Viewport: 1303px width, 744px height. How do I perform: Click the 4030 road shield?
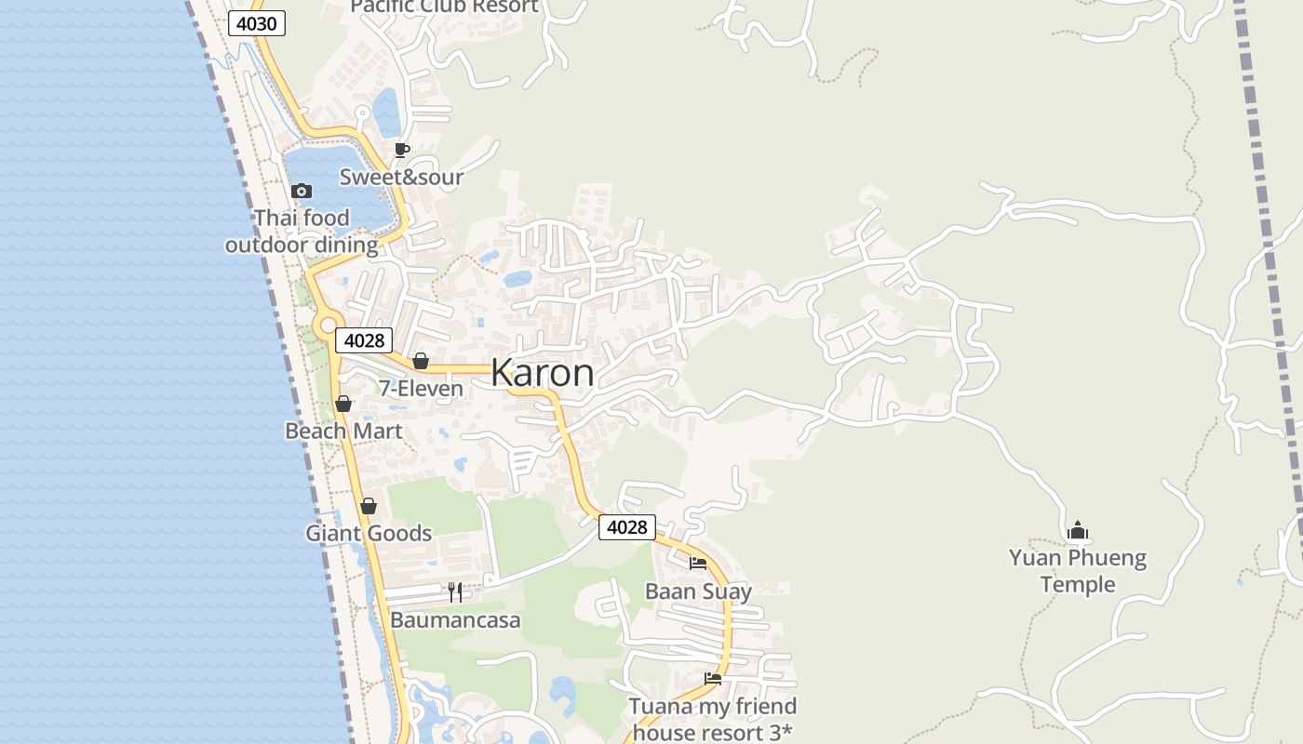coord(256,23)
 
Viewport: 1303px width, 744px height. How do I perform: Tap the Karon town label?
coord(542,372)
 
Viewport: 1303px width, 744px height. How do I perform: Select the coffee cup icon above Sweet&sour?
coord(402,150)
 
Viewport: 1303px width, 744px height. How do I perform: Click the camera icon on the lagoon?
coord(301,191)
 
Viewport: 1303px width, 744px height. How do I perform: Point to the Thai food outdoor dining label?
coord(302,232)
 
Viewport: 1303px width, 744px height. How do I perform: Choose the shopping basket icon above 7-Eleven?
coord(421,361)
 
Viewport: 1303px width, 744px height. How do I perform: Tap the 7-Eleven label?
coord(421,388)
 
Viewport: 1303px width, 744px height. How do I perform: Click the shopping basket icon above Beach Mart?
coord(343,404)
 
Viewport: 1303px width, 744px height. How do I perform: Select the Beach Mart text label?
coord(343,431)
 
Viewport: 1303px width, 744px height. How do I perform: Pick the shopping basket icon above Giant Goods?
coord(369,506)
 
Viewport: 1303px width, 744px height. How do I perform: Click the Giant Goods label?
coord(369,533)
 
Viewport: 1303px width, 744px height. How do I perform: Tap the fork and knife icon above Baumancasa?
coord(455,592)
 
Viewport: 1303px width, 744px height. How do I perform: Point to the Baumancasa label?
coord(455,619)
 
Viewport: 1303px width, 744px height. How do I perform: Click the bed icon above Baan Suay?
coord(698,563)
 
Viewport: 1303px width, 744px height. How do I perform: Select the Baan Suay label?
coord(698,591)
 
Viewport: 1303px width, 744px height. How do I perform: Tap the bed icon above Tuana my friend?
coord(713,678)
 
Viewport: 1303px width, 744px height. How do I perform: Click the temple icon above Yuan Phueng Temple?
coord(1078,530)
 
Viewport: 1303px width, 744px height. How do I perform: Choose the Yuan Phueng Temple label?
coord(1078,571)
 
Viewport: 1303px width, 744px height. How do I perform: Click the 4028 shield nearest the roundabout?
coord(364,340)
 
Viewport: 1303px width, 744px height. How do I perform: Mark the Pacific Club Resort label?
coord(444,7)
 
